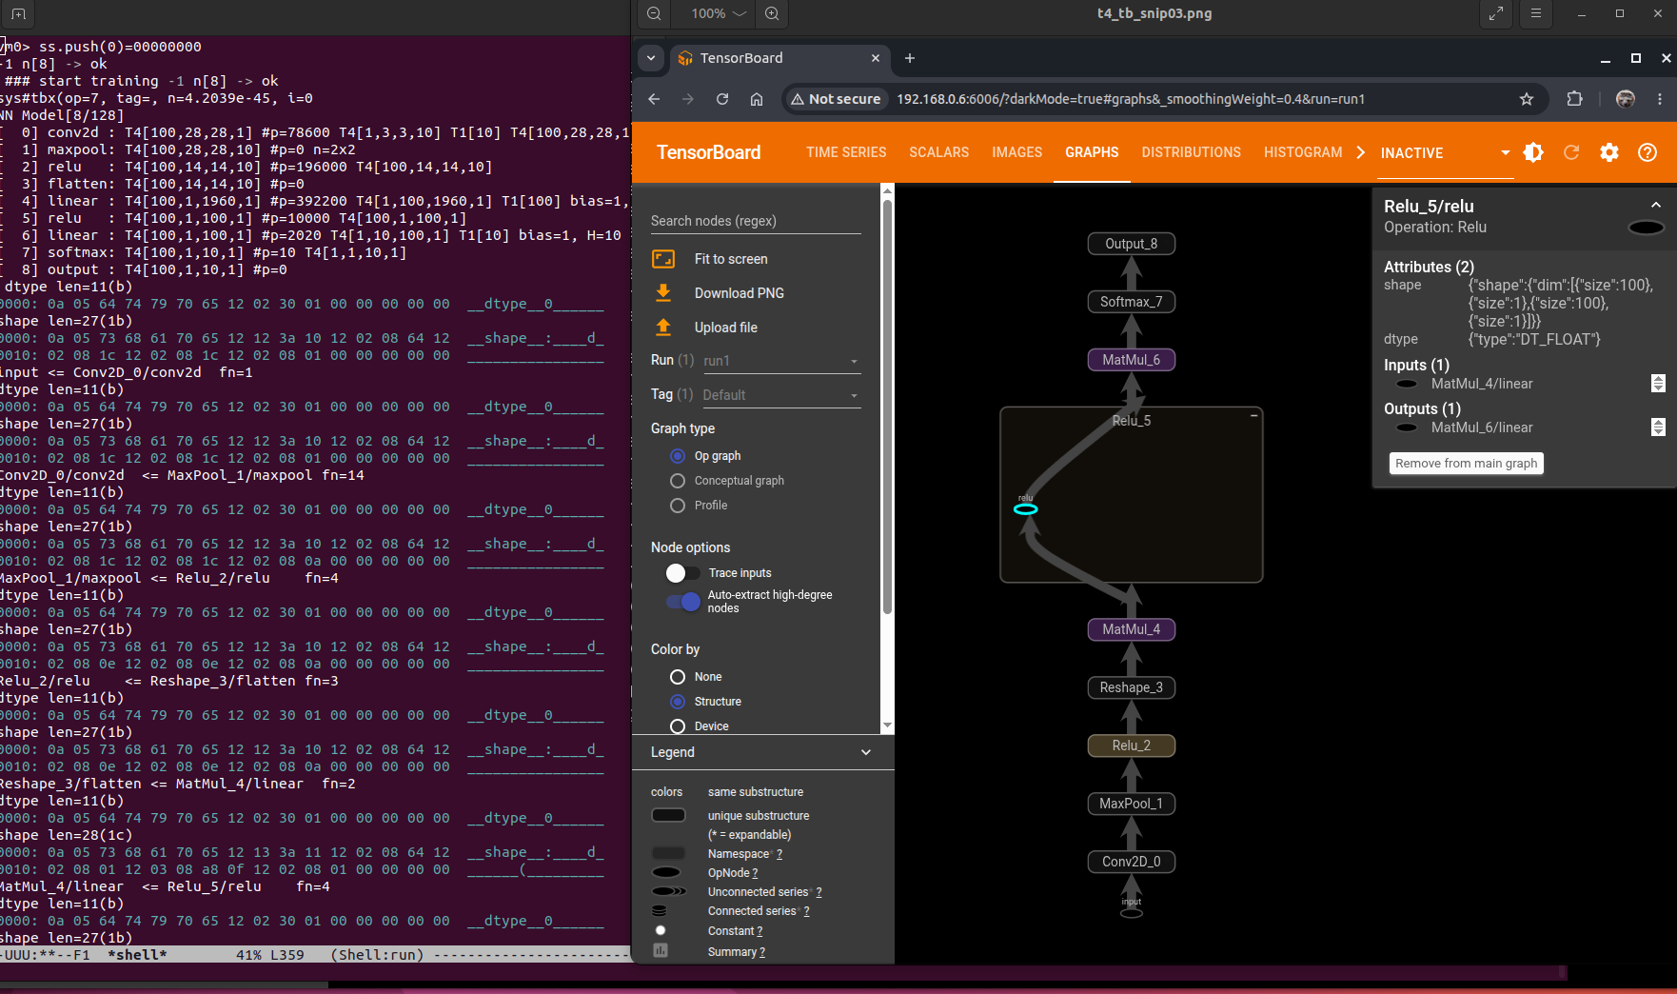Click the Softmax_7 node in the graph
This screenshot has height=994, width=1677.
pyautogui.click(x=1131, y=302)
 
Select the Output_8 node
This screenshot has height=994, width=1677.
pyautogui.click(x=1131, y=244)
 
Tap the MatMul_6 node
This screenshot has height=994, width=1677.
pyautogui.click(x=1131, y=360)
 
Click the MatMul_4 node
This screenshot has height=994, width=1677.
pyautogui.click(x=1131, y=629)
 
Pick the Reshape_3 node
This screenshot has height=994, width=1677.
pyautogui.click(x=1131, y=687)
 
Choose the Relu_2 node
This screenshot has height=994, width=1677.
pyautogui.click(x=1131, y=745)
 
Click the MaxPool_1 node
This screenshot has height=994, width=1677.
pyautogui.click(x=1131, y=804)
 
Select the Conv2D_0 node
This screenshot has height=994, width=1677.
pyautogui.click(x=1131, y=862)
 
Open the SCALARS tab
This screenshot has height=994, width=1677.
pyautogui.click(x=938, y=152)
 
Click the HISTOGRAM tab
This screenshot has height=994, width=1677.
pyautogui.click(x=1303, y=152)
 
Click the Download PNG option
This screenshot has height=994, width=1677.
pyautogui.click(x=739, y=293)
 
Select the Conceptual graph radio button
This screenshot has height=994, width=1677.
pyautogui.click(x=678, y=481)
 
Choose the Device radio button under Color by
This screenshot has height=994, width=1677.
pyautogui.click(x=678, y=726)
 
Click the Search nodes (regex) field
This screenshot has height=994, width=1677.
pyautogui.click(x=756, y=221)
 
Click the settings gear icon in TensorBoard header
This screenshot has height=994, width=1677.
pyautogui.click(x=1609, y=152)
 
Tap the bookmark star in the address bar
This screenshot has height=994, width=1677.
pyautogui.click(x=1527, y=99)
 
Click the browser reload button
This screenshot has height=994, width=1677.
pyautogui.click(x=722, y=99)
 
